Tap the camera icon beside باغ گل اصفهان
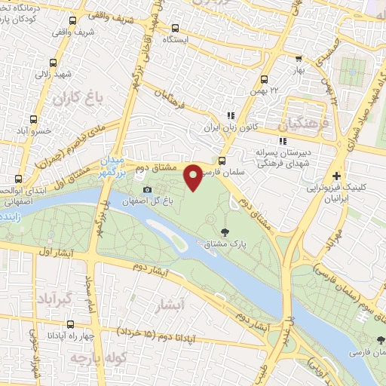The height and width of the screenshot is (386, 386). pyautogui.click(x=147, y=188)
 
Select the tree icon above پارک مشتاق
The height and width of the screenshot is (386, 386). pyautogui.click(x=225, y=231)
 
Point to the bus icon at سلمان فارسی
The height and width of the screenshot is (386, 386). pyautogui.click(x=222, y=160)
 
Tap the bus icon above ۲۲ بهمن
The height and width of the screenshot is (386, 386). pyautogui.click(x=264, y=79)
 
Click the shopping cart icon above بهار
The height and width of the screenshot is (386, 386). pyautogui.click(x=299, y=58)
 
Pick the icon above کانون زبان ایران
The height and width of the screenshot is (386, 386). pyautogui.click(x=231, y=115)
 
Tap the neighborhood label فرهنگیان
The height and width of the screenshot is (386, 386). pyautogui.click(x=304, y=121)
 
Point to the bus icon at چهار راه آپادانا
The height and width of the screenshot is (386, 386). pyautogui.click(x=70, y=324)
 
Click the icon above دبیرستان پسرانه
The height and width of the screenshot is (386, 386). pyautogui.click(x=282, y=141)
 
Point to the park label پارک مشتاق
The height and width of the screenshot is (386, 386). pyautogui.click(x=225, y=244)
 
